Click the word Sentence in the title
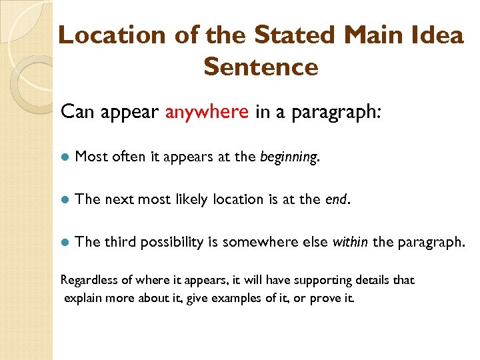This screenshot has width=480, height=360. click(x=261, y=67)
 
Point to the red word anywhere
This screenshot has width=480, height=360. click(x=207, y=111)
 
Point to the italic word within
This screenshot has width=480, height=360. click(x=350, y=242)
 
